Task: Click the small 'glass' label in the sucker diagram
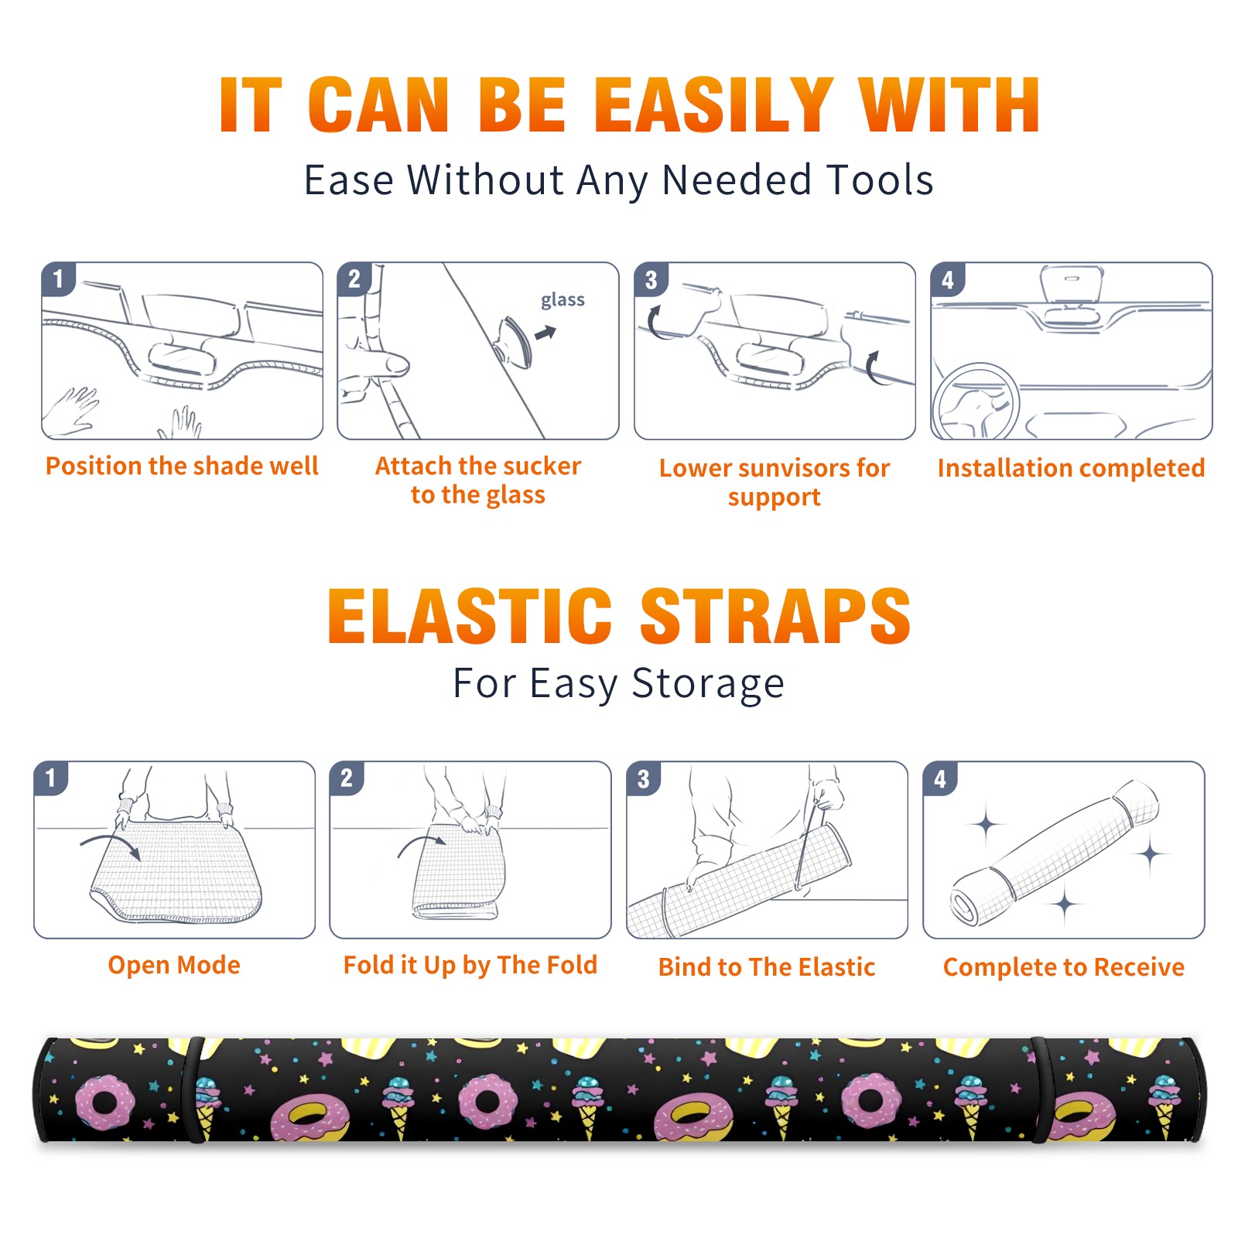563,300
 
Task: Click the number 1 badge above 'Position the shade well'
59,279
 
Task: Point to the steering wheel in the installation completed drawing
975,402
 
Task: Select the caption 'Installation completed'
1071,467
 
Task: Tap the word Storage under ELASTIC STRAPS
708,684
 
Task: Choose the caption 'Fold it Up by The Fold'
470,965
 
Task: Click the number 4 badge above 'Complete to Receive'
940,778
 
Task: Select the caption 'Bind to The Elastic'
767,966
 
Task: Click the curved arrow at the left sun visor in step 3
654,323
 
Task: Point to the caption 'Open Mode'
174,965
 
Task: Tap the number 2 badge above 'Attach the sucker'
354,279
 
